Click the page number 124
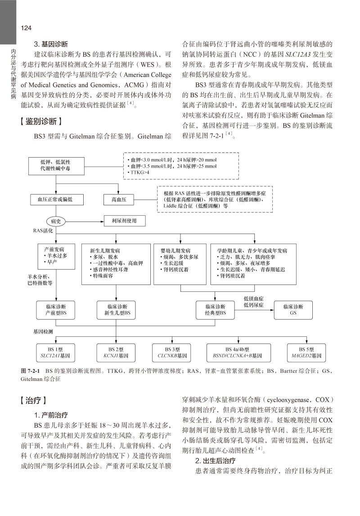[26, 28]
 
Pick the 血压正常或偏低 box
[55, 199]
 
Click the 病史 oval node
[55, 221]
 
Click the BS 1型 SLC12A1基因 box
[55, 352]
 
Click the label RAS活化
[44, 231]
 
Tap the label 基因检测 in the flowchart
[43, 331]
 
